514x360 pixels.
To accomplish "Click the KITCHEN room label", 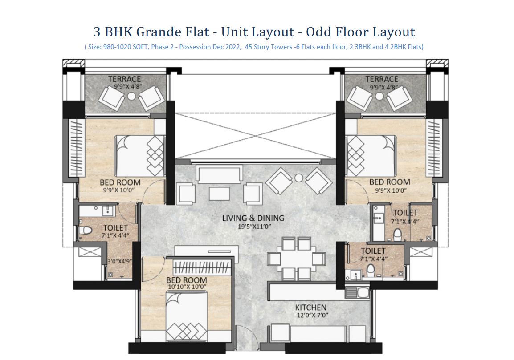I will (x=310, y=307).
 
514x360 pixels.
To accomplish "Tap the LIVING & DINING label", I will (x=253, y=218).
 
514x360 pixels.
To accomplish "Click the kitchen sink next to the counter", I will (x=357, y=293).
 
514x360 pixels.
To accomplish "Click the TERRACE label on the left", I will (x=124, y=79).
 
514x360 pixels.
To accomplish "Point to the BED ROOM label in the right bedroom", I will (x=389, y=182).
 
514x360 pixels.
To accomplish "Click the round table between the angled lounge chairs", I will (x=298, y=178).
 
